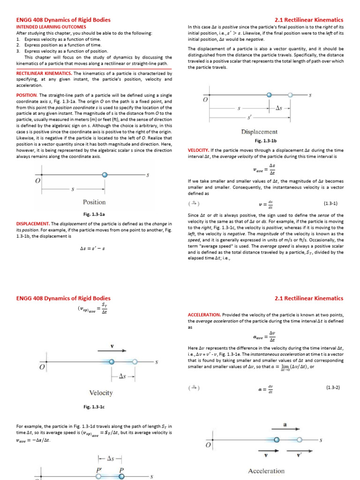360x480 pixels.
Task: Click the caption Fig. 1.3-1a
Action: (94, 214)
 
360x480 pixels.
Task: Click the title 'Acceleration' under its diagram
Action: (266, 471)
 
